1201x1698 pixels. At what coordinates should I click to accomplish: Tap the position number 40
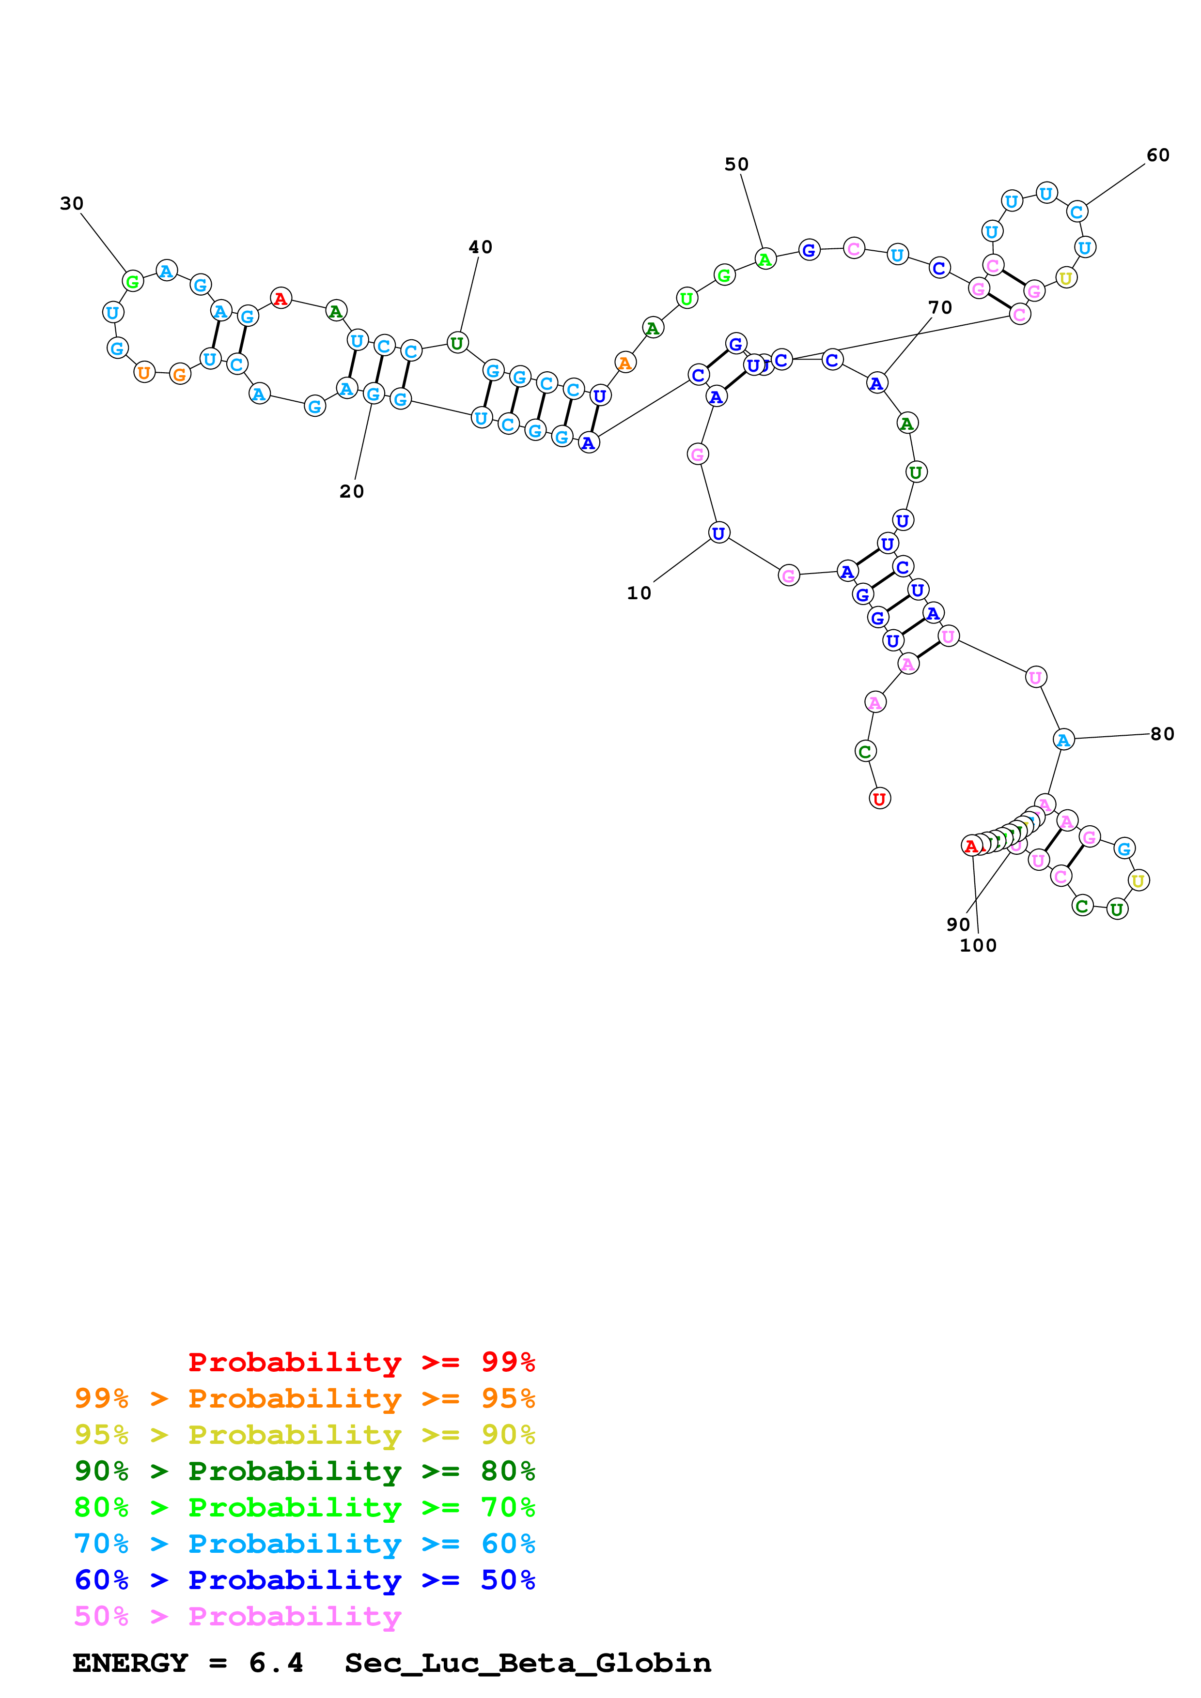(480, 247)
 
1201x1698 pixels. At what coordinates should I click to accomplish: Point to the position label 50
(736, 164)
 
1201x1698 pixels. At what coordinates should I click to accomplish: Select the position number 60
(1158, 155)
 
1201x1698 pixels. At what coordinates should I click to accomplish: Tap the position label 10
(639, 592)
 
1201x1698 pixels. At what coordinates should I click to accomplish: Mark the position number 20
(352, 491)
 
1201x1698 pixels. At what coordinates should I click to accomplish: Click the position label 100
(978, 945)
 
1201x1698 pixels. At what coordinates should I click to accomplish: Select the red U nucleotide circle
(879, 799)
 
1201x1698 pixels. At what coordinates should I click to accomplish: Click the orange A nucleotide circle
(625, 363)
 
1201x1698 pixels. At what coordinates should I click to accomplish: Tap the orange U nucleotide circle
(144, 373)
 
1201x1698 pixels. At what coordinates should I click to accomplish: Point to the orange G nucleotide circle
(180, 374)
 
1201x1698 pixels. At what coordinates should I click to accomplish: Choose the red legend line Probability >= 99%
(361, 1362)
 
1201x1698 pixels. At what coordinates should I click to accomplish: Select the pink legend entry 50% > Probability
(237, 1617)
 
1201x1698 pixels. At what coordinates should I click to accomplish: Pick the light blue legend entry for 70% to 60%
(304, 1544)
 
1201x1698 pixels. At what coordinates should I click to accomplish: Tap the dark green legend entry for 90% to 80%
(304, 1471)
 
